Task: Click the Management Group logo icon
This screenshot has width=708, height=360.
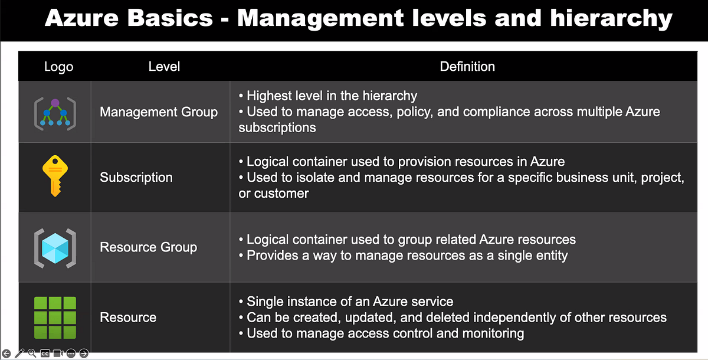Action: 55,113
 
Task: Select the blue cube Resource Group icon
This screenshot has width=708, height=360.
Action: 55,247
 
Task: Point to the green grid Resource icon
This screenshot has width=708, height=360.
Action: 55,318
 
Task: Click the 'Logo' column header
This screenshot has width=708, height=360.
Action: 59,67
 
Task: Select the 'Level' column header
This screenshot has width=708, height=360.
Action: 164,67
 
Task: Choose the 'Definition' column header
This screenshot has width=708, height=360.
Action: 467,67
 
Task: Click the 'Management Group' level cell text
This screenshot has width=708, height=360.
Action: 159,112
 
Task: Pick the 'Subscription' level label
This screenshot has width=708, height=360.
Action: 136,177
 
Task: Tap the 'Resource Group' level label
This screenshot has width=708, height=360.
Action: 149,247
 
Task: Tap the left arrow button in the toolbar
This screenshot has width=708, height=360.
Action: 6,354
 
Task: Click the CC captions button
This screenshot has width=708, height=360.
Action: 45,354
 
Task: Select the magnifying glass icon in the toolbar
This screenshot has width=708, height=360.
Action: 32,354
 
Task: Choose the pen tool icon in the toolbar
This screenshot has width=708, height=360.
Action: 19,354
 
